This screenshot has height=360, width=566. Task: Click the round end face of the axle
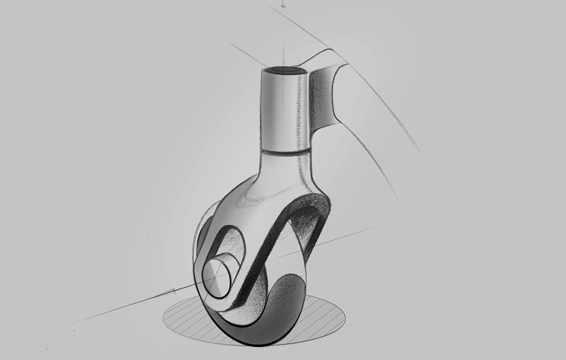click(218, 278)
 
